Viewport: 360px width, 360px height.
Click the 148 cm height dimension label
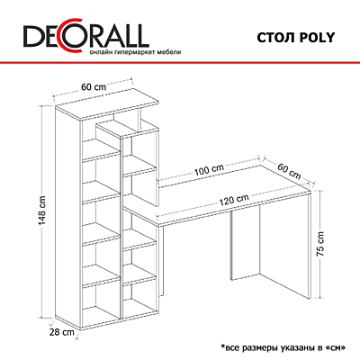[42, 211]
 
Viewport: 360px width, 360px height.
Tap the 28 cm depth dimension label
[61, 332]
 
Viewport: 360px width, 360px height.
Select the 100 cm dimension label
[209, 170]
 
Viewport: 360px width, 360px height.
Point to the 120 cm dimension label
[234, 200]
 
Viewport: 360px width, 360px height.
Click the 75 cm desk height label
[320, 244]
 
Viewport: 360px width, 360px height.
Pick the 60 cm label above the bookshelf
[94, 87]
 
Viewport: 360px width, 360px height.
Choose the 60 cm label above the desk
[289, 171]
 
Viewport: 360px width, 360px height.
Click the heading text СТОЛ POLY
[295, 38]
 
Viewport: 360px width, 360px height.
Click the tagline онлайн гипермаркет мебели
[135, 52]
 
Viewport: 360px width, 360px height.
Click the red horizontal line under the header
[180, 62]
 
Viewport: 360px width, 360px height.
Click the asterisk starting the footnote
[222, 346]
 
